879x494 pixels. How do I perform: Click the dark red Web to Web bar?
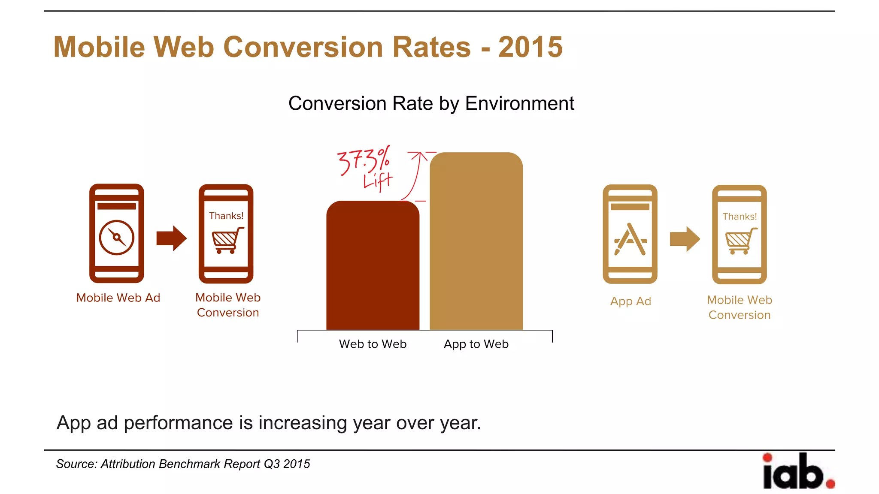pyautogui.click(x=373, y=266)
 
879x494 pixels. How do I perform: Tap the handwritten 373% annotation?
pyautogui.click(x=364, y=160)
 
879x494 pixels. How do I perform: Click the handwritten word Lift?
pyautogui.click(x=377, y=181)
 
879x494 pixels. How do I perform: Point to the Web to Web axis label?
pyautogui.click(x=373, y=344)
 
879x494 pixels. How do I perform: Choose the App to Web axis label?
pyautogui.click(x=476, y=344)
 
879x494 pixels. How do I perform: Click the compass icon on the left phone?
pyautogui.click(x=116, y=238)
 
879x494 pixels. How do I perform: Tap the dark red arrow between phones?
pyautogui.click(x=172, y=238)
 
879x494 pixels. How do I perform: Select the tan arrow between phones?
pyautogui.click(x=685, y=239)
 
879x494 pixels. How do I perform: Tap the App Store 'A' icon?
pyautogui.click(x=630, y=239)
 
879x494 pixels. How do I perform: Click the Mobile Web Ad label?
pyautogui.click(x=118, y=298)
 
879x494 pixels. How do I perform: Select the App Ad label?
pyautogui.click(x=630, y=301)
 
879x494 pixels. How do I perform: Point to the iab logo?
pyautogui.click(x=797, y=471)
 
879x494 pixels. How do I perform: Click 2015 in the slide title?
pyautogui.click(x=530, y=47)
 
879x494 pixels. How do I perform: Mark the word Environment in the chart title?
pyautogui.click(x=519, y=103)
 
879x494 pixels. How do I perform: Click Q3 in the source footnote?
pyautogui.click(x=272, y=464)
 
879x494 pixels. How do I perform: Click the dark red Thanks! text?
pyautogui.click(x=226, y=216)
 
